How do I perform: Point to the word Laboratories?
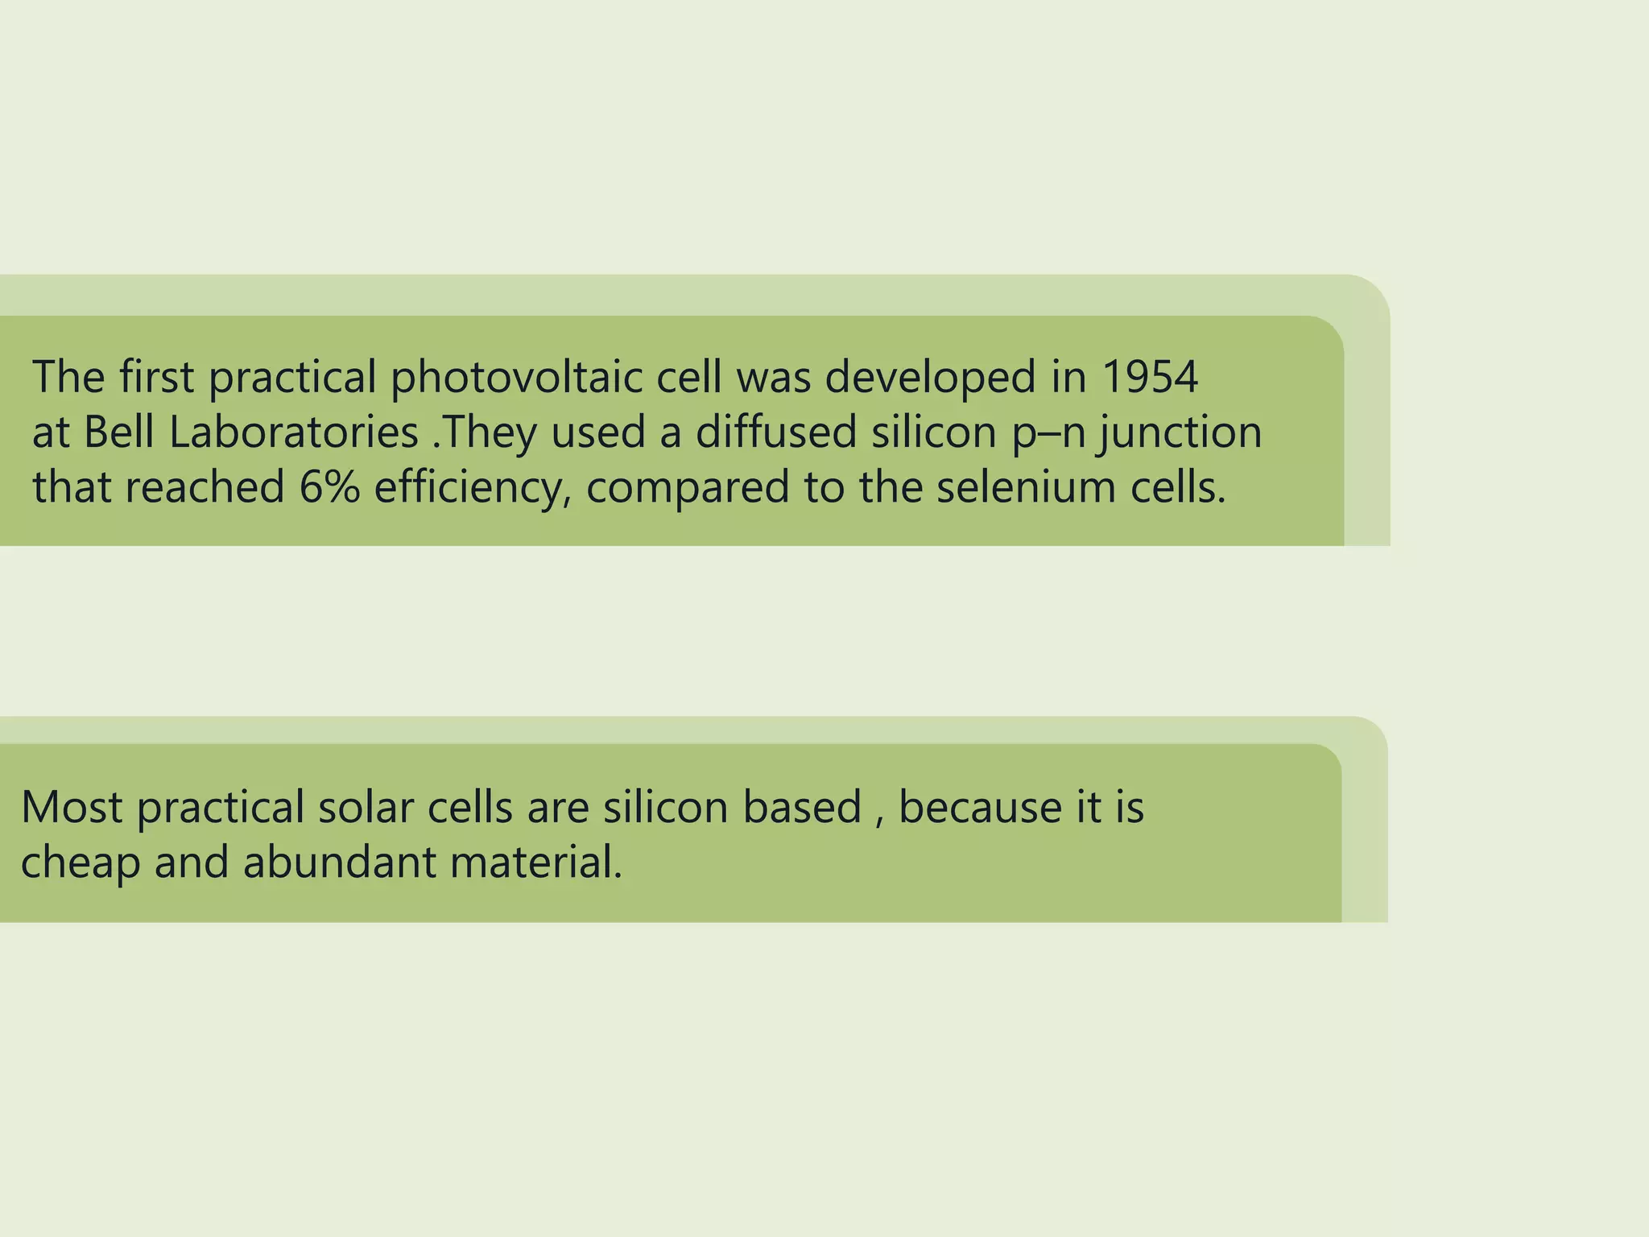[294, 432]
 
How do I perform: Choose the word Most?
[72, 807]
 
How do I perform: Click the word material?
[535, 862]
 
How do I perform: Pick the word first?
[157, 377]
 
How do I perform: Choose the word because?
[980, 807]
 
